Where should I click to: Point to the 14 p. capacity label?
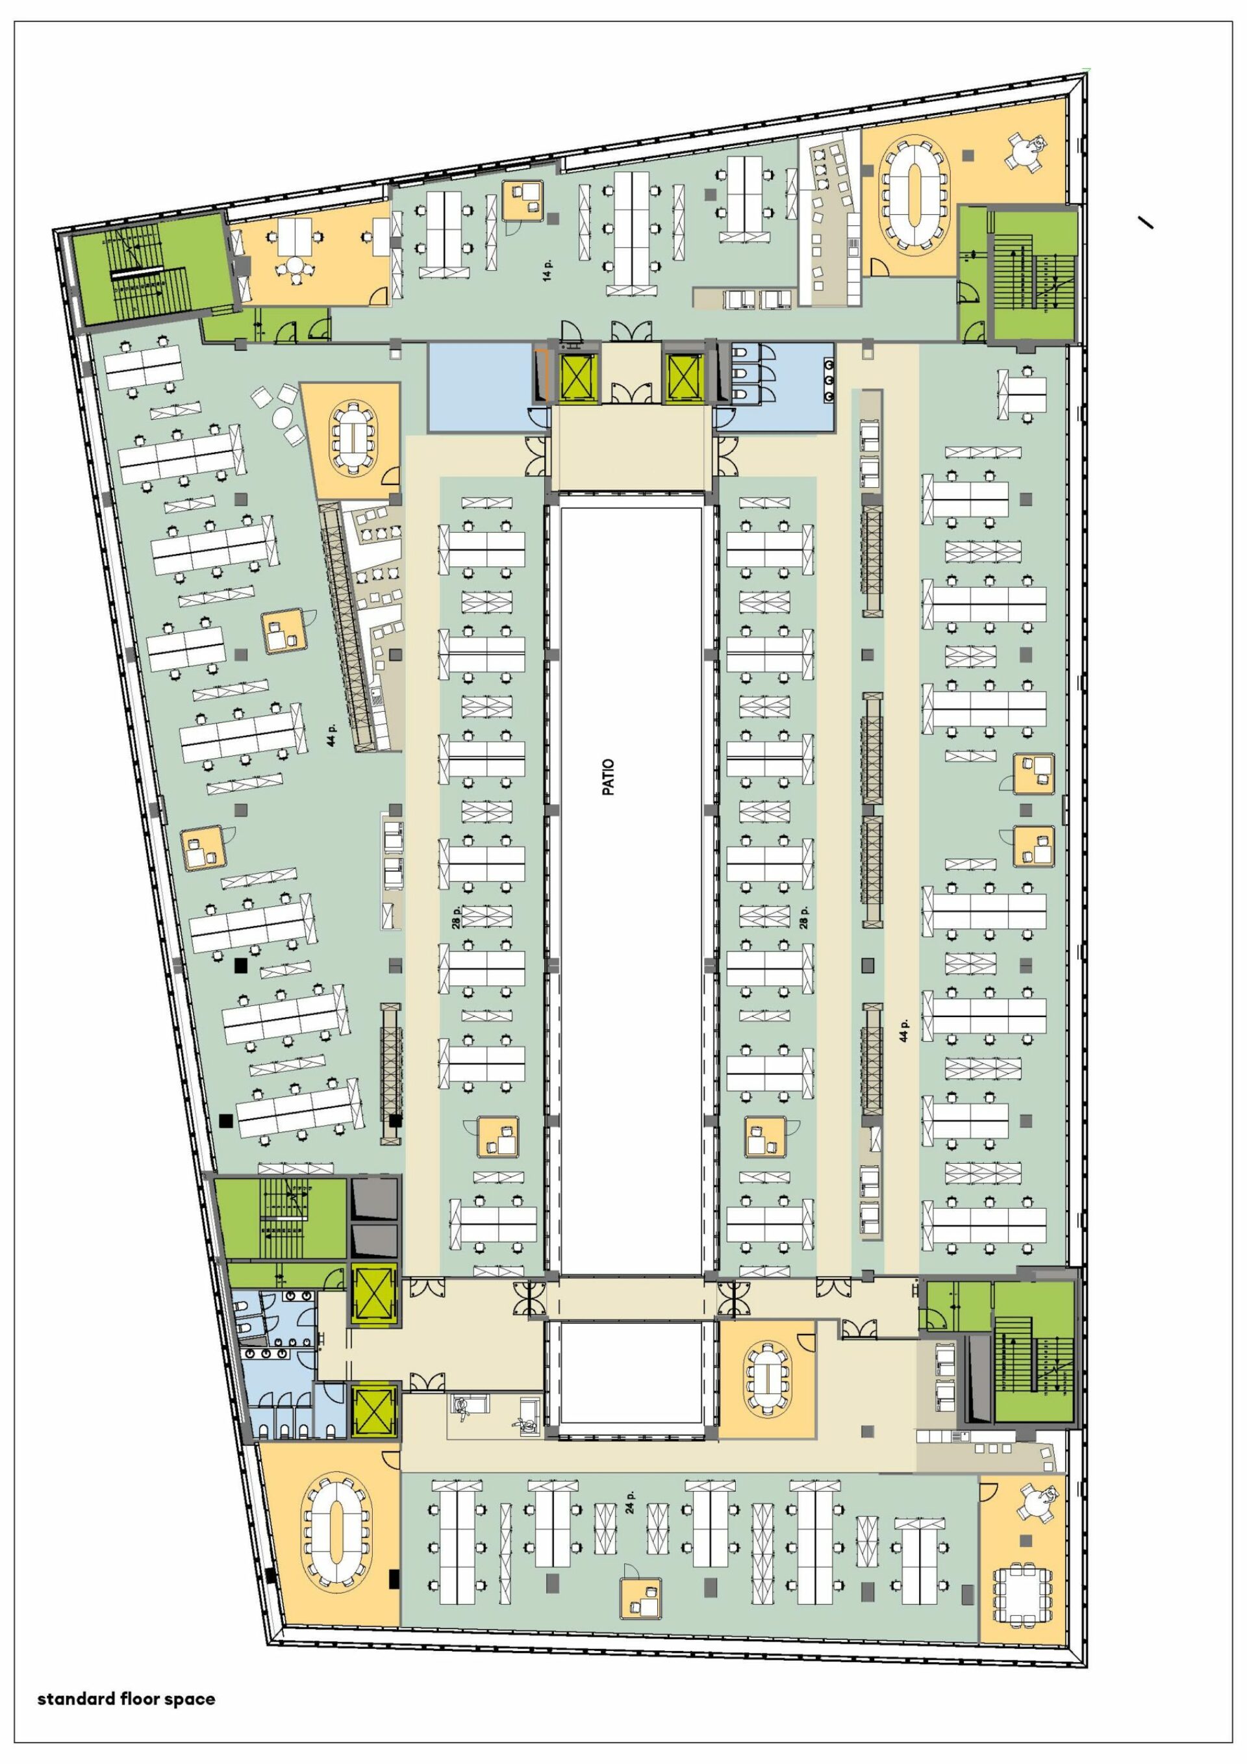point(548,269)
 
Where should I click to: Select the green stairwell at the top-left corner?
point(151,270)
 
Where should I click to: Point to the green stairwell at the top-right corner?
point(1033,274)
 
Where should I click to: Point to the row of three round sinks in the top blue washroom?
point(828,379)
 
